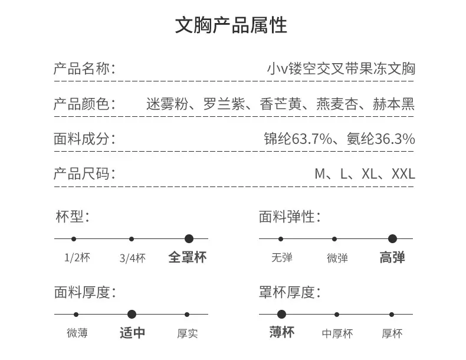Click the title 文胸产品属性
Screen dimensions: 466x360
(x=231, y=25)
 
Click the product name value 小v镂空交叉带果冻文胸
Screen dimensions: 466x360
(x=341, y=68)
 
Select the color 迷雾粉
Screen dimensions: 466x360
(x=167, y=104)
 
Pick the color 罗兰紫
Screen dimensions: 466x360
(x=224, y=104)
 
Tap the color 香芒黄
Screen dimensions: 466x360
(x=281, y=104)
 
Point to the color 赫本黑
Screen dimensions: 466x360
(x=394, y=104)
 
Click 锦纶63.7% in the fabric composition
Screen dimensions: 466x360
(x=298, y=139)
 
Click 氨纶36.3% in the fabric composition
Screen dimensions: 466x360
(x=380, y=139)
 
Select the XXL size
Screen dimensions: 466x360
(x=403, y=174)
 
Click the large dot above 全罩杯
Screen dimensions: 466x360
(x=189, y=238)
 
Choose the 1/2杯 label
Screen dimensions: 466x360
(x=77, y=257)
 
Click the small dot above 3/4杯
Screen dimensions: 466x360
(x=132, y=239)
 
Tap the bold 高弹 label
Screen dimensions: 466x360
(x=392, y=257)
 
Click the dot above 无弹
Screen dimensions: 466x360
(x=281, y=239)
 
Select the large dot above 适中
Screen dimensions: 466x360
(x=132, y=314)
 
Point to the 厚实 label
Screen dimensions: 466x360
(x=187, y=333)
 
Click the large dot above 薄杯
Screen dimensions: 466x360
(x=281, y=314)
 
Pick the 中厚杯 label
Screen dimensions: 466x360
(x=337, y=333)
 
